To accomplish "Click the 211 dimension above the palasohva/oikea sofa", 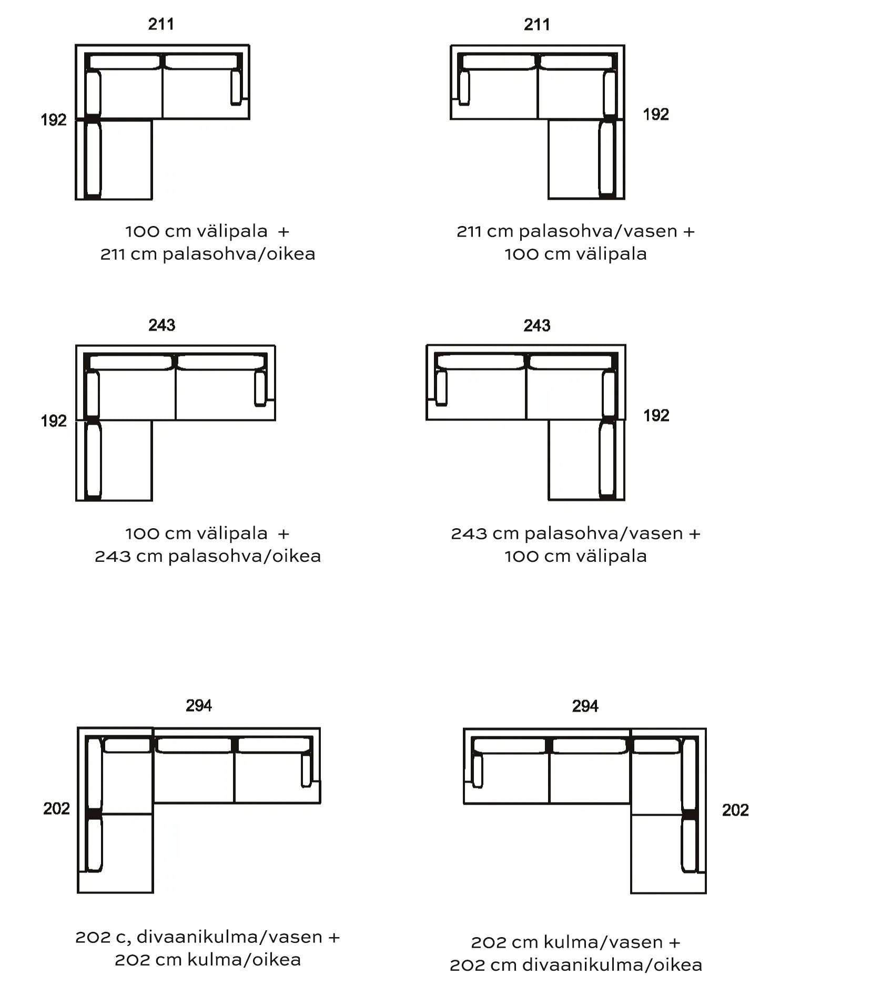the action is [x=161, y=24].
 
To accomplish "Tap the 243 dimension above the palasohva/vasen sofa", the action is [x=536, y=326].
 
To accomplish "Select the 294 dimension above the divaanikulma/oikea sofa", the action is [x=585, y=706].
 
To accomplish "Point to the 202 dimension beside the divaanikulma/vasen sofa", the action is [x=56, y=808].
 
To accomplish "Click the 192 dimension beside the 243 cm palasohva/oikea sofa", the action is [x=54, y=421].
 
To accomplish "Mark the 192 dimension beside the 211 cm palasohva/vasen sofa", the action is [x=656, y=115].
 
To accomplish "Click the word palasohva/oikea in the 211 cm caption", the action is [x=239, y=254].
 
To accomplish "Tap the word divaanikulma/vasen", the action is [x=229, y=937].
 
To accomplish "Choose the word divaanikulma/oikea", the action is [x=612, y=965].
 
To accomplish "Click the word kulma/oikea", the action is [x=244, y=960].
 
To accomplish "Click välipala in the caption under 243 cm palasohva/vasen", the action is [x=611, y=556].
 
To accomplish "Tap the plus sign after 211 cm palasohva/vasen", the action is [x=689, y=232].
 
